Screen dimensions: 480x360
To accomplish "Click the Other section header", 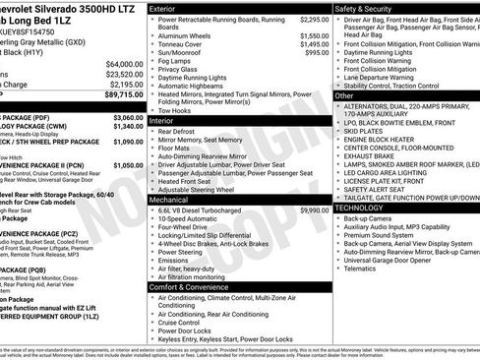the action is point(345,96).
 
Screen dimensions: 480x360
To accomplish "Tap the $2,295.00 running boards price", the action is point(309,19).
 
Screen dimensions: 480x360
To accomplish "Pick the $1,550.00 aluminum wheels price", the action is point(309,35).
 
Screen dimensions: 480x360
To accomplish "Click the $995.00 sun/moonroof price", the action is point(312,52).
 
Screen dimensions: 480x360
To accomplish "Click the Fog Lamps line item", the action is point(174,61).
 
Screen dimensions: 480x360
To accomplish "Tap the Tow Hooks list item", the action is point(176,110).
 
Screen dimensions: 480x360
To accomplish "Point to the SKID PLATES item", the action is point(365,130).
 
